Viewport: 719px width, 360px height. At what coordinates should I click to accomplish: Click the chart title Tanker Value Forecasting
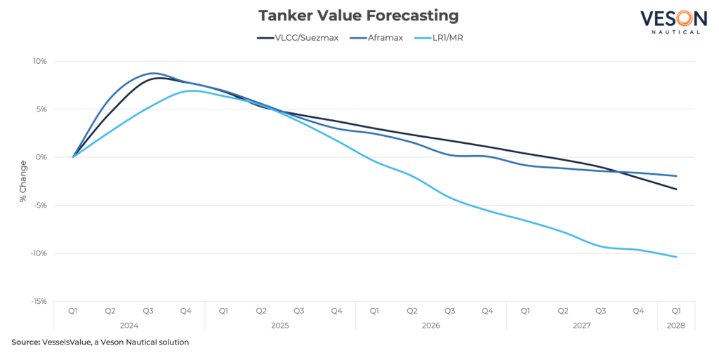coord(359,15)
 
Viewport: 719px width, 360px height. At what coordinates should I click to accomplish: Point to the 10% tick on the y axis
coord(39,61)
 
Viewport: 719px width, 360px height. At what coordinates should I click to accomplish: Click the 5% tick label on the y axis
coord(41,109)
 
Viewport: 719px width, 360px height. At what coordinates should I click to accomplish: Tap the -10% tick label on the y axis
coord(39,253)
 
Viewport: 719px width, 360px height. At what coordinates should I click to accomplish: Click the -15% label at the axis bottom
coord(39,301)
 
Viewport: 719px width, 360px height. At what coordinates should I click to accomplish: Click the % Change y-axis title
coord(23,181)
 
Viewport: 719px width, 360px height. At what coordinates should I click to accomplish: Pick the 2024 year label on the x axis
coord(130,326)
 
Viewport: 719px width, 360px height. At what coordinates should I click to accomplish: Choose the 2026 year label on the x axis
coord(430,326)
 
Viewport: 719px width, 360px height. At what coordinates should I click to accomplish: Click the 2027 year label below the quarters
coord(581,326)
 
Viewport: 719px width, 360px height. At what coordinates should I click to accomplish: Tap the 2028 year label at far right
coord(675,326)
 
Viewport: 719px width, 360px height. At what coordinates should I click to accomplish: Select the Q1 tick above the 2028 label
coord(675,309)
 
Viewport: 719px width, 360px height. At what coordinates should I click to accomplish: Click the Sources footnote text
coord(25,343)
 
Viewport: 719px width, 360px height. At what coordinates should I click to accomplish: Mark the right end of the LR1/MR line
coord(676,258)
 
